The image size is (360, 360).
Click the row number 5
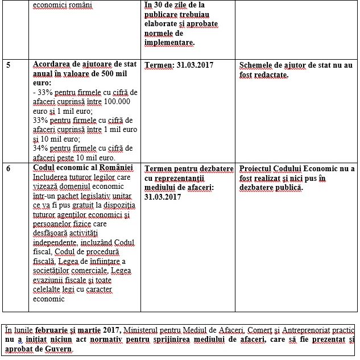coord(8,65)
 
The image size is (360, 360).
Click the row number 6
coord(8,169)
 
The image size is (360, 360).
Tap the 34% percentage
coord(41,148)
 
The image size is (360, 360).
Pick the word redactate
coord(270,75)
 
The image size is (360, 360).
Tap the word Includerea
coord(52,178)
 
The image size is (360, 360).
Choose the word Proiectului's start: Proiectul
coord(259,169)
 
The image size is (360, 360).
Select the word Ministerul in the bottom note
coord(151,330)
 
